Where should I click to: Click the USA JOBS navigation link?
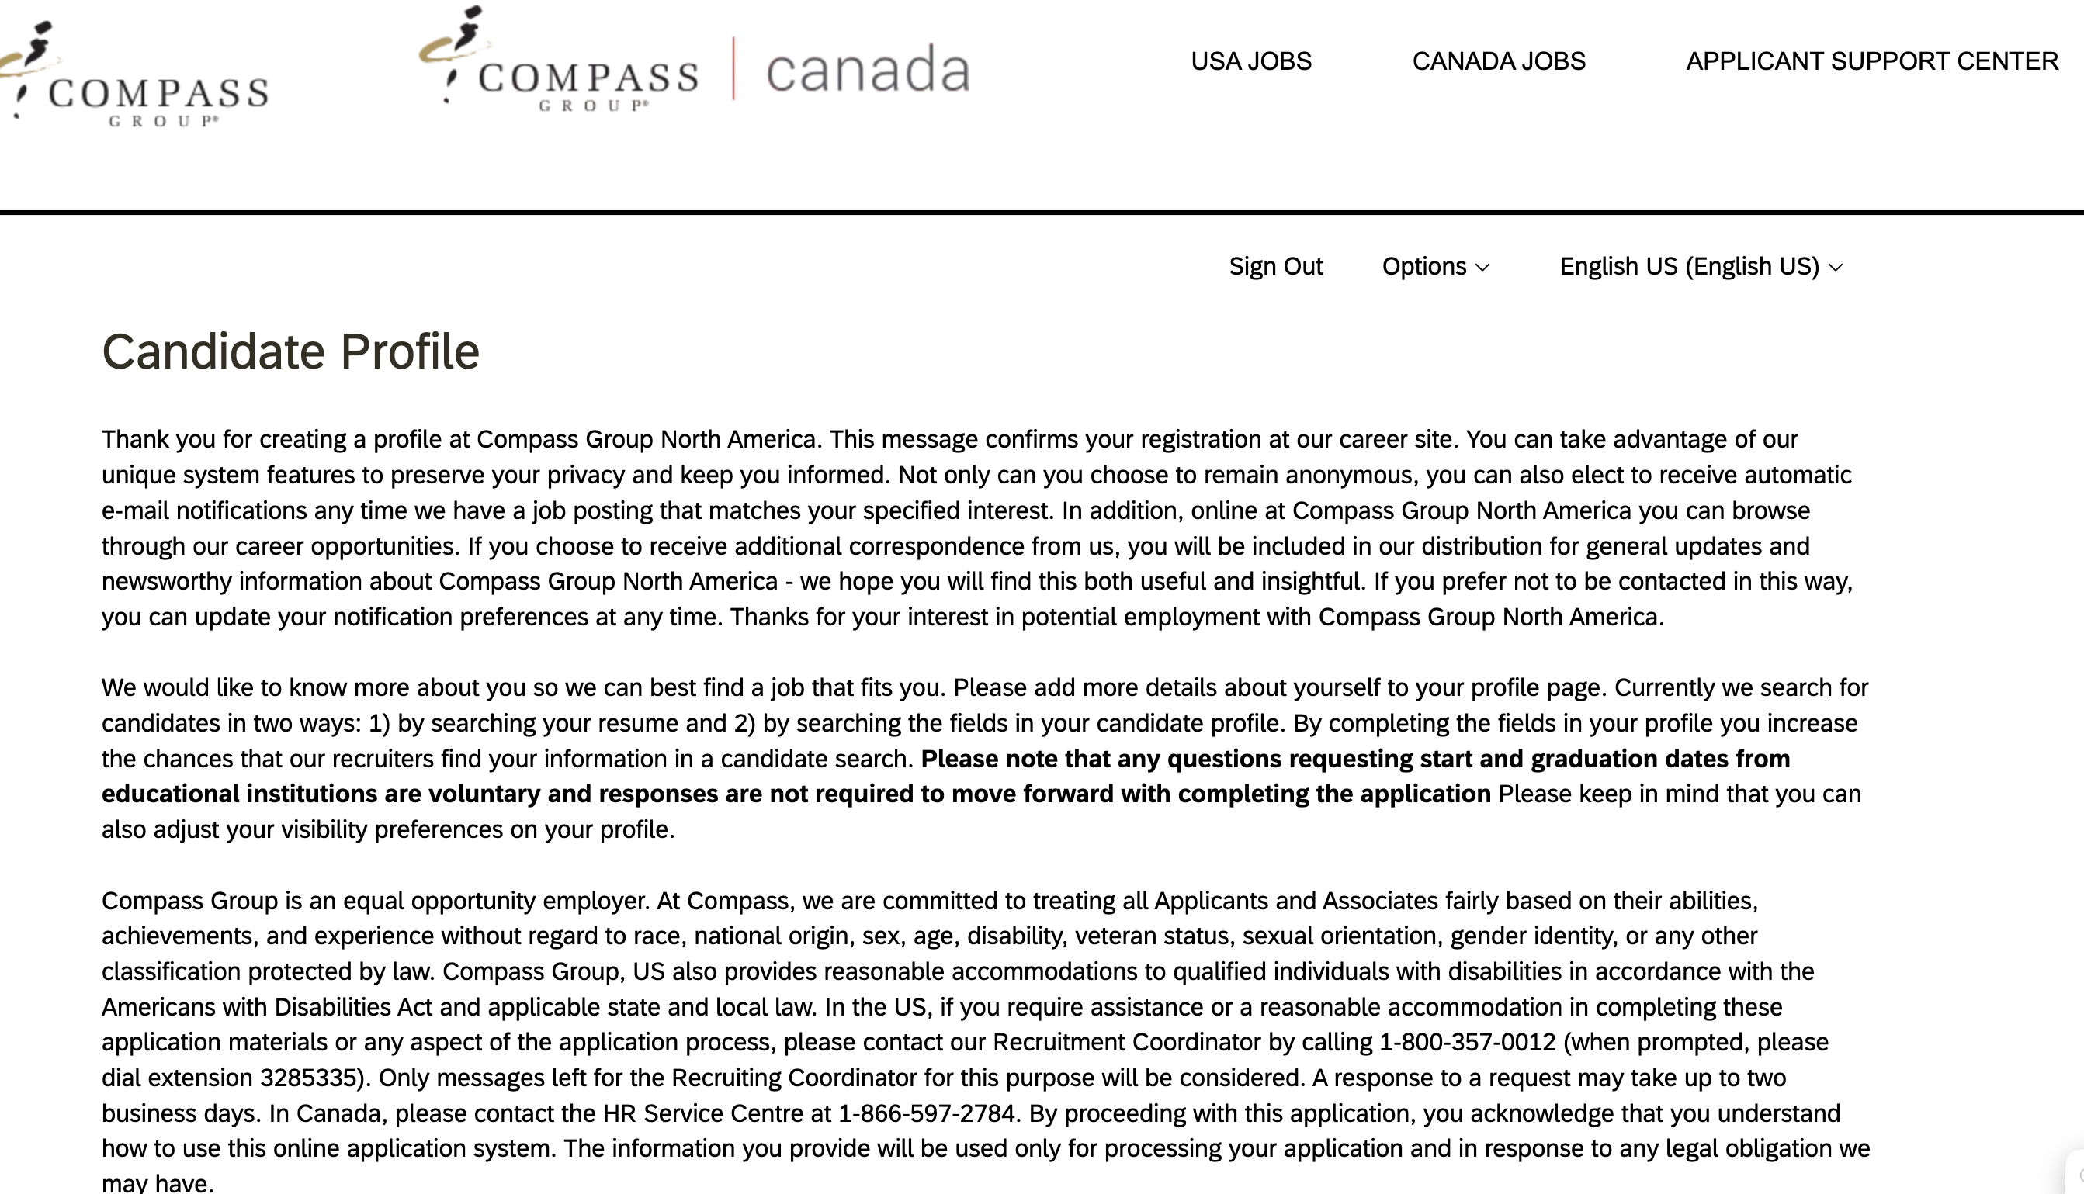pyautogui.click(x=1250, y=61)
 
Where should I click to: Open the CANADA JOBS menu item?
pyautogui.click(x=1499, y=61)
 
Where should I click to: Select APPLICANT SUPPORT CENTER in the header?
pyautogui.click(x=1871, y=61)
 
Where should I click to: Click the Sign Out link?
pyautogui.click(x=1275, y=267)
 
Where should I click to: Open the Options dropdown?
pyautogui.click(x=1434, y=267)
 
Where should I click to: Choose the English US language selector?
pyautogui.click(x=1700, y=267)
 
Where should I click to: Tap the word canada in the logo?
pyautogui.click(x=868, y=70)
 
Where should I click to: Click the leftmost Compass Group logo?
pyautogui.click(x=135, y=78)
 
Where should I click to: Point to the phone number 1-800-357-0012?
pyautogui.click(x=1467, y=1042)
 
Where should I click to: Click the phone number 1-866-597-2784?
pyautogui.click(x=927, y=1113)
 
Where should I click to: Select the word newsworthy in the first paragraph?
pyautogui.click(x=167, y=581)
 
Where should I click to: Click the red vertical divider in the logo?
pyautogui.click(x=733, y=69)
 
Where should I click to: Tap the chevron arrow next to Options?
pyautogui.click(x=1482, y=268)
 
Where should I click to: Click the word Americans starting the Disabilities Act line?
pyautogui.click(x=185, y=1007)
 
